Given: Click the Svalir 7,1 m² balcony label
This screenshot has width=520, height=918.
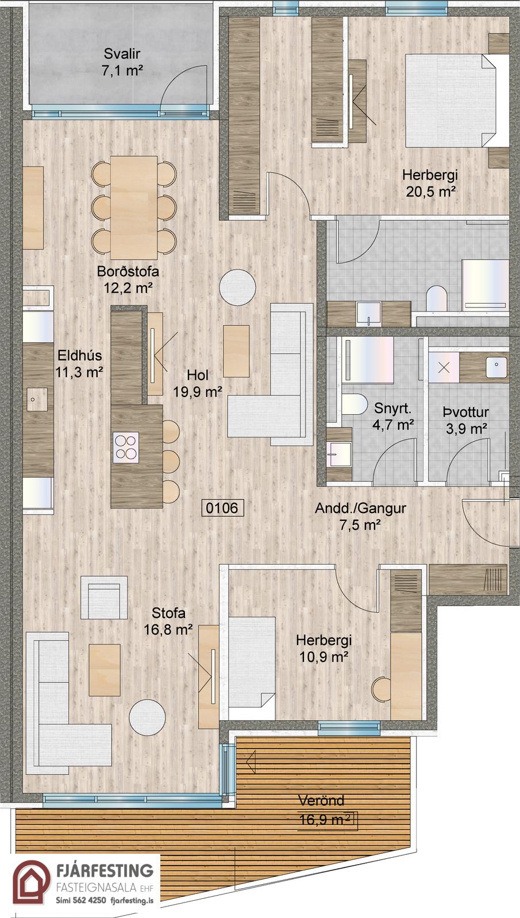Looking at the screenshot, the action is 122,62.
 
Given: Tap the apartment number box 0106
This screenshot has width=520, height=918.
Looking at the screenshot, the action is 222,508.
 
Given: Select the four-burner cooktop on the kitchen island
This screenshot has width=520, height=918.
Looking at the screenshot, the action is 125,448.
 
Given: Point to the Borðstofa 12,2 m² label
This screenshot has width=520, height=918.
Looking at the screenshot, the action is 128,279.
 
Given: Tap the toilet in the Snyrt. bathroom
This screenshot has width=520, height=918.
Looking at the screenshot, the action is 354,404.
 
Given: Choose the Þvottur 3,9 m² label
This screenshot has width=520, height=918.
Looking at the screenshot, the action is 466,420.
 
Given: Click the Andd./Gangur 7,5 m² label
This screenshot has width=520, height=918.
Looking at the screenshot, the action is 360,516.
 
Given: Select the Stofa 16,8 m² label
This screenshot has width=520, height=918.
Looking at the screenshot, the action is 168,621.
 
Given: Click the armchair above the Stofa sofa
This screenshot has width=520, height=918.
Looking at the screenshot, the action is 104,597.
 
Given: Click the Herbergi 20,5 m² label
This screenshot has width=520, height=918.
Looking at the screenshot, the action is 430,183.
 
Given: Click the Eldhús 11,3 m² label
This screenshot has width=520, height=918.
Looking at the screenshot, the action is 79,364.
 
